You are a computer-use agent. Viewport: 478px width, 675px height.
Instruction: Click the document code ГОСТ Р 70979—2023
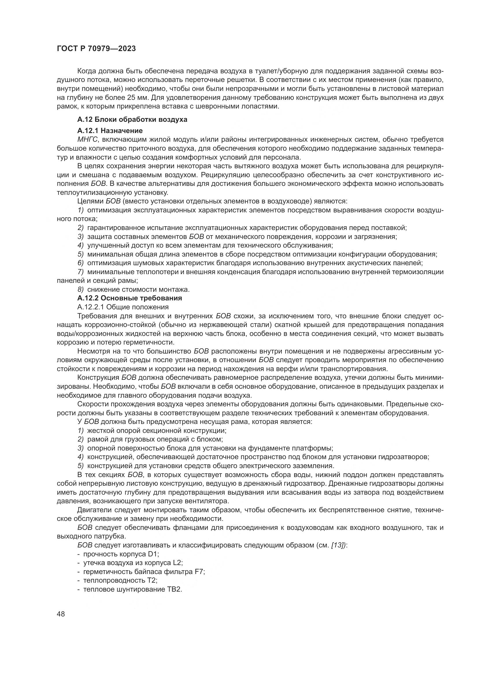click(x=96, y=49)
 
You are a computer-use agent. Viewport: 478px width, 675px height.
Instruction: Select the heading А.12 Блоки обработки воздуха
click(x=132, y=120)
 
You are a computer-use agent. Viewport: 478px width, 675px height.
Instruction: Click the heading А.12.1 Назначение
click(x=110, y=130)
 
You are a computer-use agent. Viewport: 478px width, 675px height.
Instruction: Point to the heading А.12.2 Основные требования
click(x=129, y=298)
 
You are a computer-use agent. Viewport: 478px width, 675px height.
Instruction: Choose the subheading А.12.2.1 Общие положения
click(x=123, y=307)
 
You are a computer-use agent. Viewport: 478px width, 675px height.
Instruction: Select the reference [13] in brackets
click(x=339, y=545)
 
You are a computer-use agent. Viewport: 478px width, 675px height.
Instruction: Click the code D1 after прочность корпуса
click(x=153, y=554)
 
